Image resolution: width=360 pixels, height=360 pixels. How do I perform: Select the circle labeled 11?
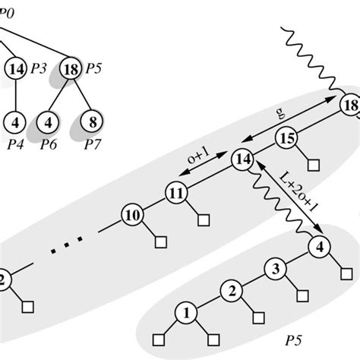175,192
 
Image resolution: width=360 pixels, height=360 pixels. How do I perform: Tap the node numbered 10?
132,215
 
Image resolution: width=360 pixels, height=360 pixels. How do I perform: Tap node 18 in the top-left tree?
70,68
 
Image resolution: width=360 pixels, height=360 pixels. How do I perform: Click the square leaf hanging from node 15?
311,165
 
